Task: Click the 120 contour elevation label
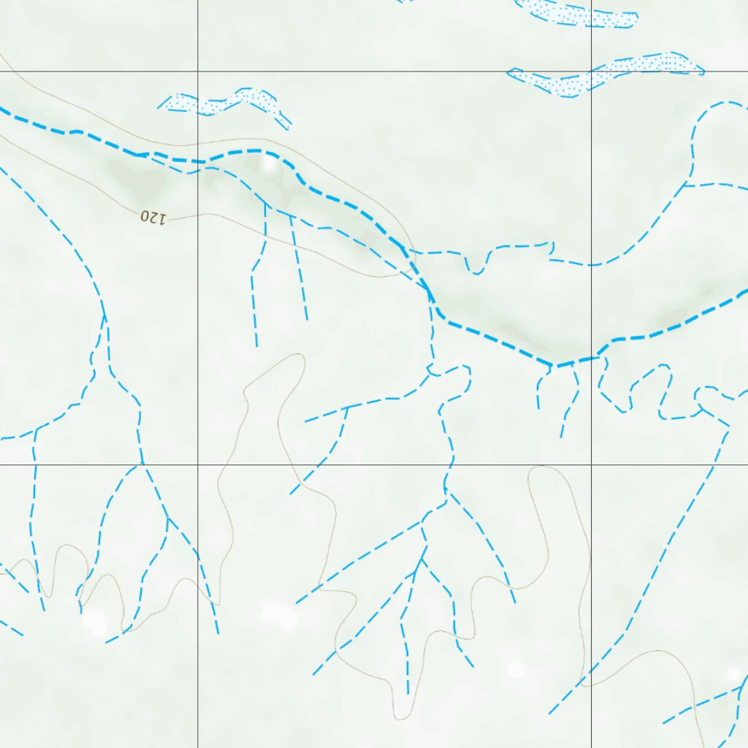point(153,217)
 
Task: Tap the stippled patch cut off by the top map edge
point(577,13)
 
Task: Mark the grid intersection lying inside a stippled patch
point(591,72)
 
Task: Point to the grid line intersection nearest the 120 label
point(198,72)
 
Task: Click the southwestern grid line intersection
point(198,465)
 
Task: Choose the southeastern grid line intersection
point(591,465)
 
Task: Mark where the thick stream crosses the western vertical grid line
point(198,161)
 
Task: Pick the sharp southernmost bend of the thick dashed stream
point(555,365)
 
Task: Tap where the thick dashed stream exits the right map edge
point(745,291)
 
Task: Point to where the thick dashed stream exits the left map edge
point(2,110)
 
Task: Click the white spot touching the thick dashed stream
point(270,164)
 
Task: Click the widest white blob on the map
point(280,615)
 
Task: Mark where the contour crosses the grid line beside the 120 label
point(198,214)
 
